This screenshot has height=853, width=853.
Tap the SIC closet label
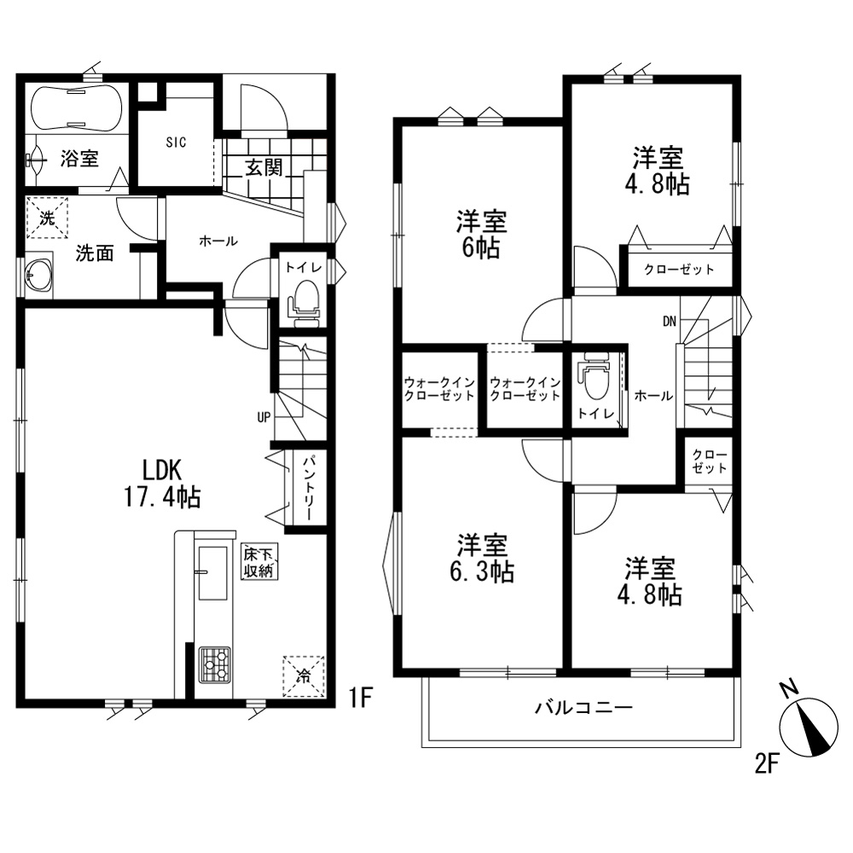177,142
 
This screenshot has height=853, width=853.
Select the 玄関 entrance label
264,167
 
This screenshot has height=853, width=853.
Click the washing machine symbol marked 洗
47,218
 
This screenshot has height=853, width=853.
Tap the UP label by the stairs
264,418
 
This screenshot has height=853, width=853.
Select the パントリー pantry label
307,487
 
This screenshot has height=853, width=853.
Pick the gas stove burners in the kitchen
215,664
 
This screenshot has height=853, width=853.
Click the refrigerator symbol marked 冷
304,677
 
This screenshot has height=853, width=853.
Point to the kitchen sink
212,573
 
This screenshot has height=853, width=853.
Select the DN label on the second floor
669,322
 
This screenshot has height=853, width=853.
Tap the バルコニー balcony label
583,707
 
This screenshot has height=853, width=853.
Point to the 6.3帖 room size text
482,572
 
